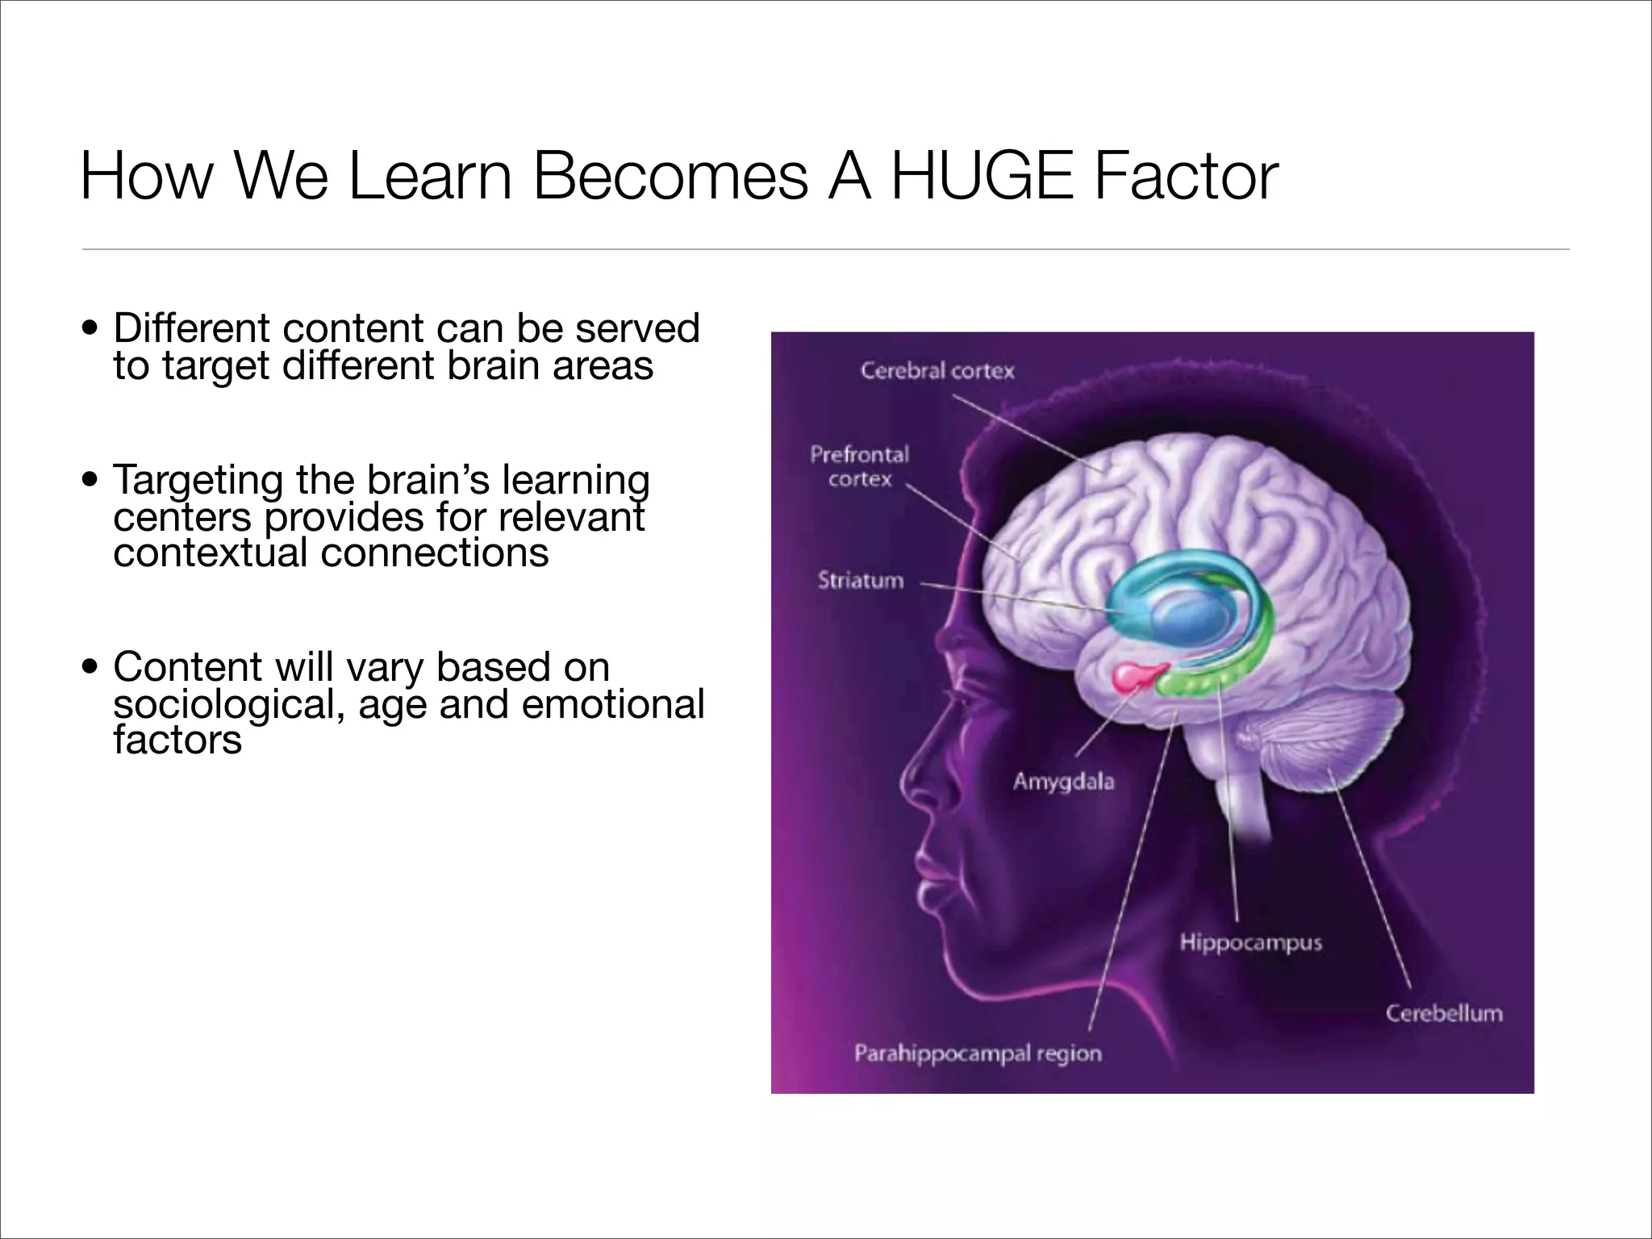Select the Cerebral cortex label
pyautogui.click(x=937, y=371)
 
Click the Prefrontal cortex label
pyautogui.click(x=859, y=466)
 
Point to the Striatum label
pyautogui.click(x=861, y=581)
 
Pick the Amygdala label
pyautogui.click(x=1063, y=781)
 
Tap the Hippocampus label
pyautogui.click(x=1250, y=942)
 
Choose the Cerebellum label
pyautogui.click(x=1444, y=1013)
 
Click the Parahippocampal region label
pyautogui.click(x=978, y=1053)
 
